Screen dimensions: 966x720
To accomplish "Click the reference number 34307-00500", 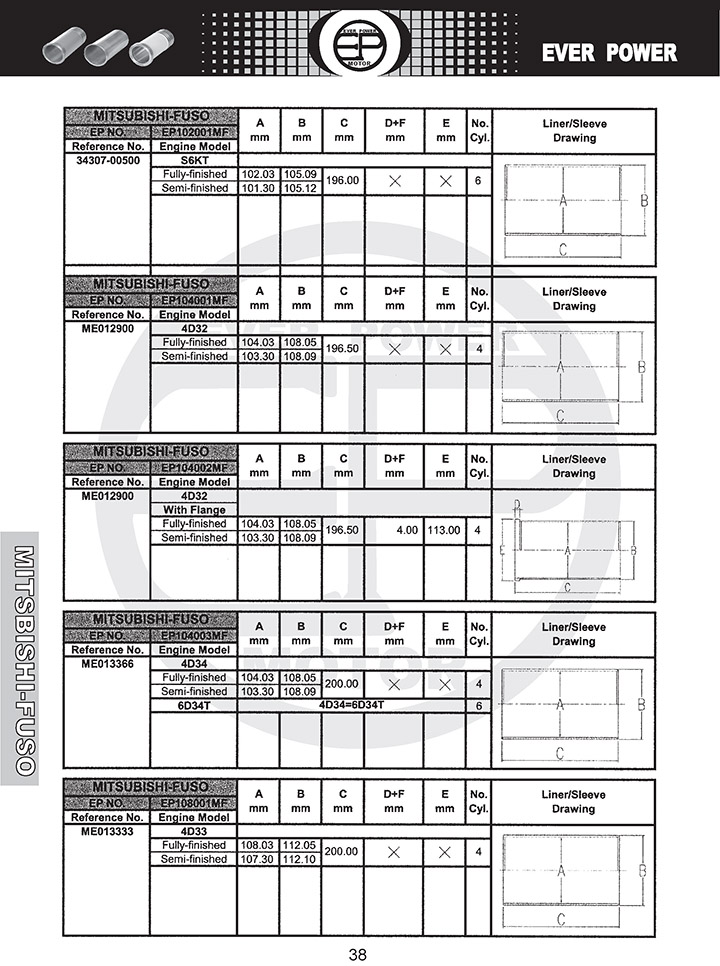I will pos(108,160).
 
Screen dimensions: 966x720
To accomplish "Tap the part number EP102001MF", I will pos(195,132).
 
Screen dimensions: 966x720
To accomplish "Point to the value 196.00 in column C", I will pos(343,181).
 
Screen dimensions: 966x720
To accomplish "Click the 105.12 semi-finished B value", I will pos(301,188).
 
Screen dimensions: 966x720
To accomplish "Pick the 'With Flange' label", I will pos(194,510).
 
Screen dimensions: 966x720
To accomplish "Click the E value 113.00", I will pos(444,530).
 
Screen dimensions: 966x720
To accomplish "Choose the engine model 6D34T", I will pos(194,705).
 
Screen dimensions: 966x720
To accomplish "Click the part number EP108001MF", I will pos(195,803).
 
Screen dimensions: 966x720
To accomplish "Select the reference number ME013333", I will pos(108,831).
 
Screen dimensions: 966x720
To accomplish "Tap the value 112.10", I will pos(301,859).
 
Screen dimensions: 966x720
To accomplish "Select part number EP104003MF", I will pos(195,635).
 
